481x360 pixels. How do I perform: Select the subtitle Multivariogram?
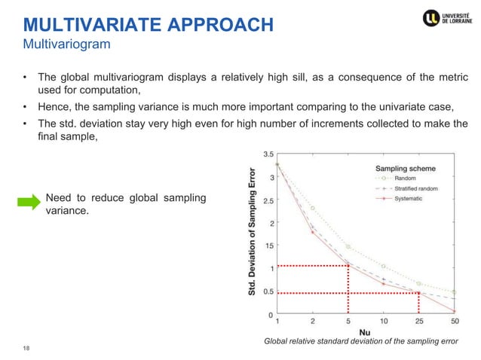coord(66,45)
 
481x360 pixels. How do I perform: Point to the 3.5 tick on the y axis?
coord(268,154)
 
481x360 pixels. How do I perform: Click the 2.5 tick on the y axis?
coord(268,200)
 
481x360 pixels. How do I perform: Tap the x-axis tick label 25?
coord(419,322)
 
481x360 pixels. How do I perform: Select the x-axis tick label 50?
coord(455,322)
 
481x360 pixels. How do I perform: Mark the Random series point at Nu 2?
coord(312,208)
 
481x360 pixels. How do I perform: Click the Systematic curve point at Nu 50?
coord(455,310)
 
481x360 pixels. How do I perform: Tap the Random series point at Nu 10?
coord(384,267)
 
